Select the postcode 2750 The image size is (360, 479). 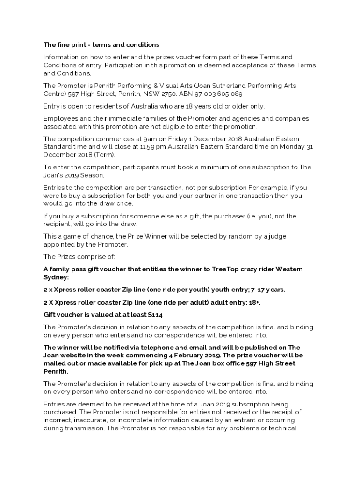tap(171, 94)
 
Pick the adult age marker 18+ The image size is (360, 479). tap(253, 303)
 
